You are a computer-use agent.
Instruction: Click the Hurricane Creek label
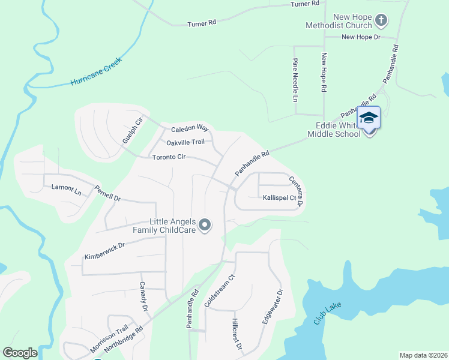click(96, 71)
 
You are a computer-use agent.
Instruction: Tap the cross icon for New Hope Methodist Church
click(381, 22)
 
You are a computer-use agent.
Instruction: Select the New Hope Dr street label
click(361, 37)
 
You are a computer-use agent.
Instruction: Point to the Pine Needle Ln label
click(295, 80)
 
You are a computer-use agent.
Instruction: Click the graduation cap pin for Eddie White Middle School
click(369, 118)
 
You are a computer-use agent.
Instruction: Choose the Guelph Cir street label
click(133, 131)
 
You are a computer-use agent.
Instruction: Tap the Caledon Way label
click(190, 128)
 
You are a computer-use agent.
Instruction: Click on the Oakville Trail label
click(185, 142)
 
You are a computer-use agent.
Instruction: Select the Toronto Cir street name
click(169, 157)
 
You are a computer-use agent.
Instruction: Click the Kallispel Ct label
click(279, 197)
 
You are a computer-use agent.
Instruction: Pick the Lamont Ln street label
click(66, 190)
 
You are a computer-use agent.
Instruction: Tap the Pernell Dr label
click(107, 193)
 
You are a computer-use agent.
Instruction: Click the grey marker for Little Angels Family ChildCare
click(205, 226)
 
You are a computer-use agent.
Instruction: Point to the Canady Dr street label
click(143, 295)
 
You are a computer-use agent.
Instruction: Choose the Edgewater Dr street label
click(271, 307)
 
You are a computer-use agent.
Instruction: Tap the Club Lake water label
click(327, 314)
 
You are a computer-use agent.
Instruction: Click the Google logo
click(20, 353)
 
